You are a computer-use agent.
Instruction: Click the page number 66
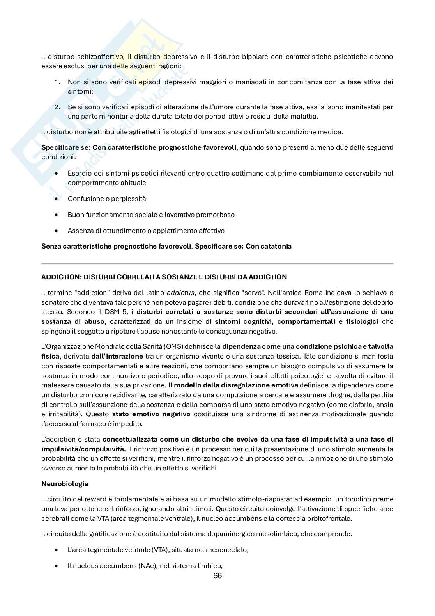(217, 576)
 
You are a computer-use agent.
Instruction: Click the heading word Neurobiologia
(65, 484)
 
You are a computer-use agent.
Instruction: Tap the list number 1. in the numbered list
(57, 82)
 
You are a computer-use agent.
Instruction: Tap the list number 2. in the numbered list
(57, 107)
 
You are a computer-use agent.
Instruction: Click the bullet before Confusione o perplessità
(57, 199)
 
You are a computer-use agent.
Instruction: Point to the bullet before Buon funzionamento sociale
(57, 215)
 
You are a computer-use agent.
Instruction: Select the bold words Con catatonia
(269, 247)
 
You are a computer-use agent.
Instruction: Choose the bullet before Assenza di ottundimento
(57, 231)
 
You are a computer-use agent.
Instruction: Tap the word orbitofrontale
(330, 519)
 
